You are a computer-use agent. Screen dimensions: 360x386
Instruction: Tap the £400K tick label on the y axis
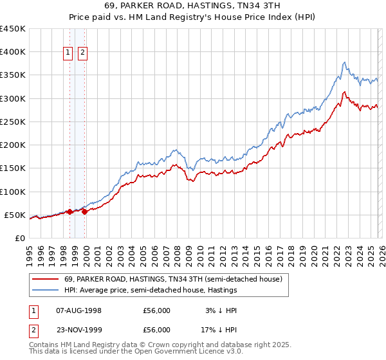point(13,52)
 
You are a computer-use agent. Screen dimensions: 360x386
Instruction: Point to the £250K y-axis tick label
point(13,122)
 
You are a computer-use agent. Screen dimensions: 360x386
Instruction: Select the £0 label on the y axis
point(21,238)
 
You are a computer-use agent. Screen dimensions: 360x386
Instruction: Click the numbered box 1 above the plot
point(68,53)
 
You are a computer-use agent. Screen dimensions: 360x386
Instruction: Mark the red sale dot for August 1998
point(69,212)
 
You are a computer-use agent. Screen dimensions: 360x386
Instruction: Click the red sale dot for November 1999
point(84,212)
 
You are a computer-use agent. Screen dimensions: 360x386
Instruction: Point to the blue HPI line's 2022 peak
point(345,62)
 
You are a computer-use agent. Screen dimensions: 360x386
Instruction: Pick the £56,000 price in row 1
point(157,310)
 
